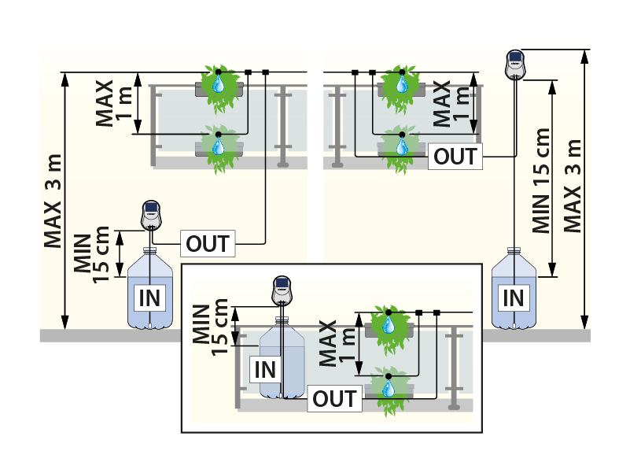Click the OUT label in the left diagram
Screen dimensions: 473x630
[208, 244]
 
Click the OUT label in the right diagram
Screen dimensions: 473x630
[456, 156]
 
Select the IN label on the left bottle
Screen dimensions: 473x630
[150, 297]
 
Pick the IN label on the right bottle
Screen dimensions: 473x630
[513, 297]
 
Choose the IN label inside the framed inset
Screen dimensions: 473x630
[264, 369]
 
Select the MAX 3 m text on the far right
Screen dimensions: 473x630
[573, 186]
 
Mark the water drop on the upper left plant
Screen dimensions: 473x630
[219, 83]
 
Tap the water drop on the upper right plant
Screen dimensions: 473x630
[402, 83]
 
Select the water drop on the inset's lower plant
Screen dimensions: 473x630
[388, 388]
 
